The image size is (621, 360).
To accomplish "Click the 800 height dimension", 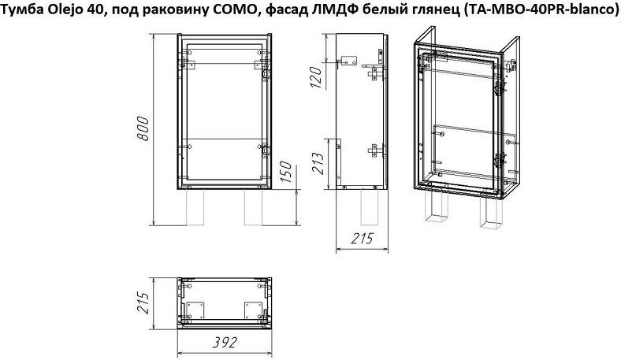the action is pos(143,128).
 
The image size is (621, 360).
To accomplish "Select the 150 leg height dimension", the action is pos(285,172).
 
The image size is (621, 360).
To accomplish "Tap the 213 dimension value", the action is pos(318,163).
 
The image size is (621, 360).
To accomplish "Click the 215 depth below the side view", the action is pos(363,239).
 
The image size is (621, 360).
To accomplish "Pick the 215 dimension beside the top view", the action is pos(143,303).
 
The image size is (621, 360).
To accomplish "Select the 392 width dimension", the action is pos(225,343).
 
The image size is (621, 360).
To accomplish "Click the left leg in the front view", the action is pos(195,207).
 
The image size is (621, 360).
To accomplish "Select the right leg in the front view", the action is pos(253,207).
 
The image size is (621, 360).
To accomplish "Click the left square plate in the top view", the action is pos(195,310).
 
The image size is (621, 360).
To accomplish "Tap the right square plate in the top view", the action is pos(253,310).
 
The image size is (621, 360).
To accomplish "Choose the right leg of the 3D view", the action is pos(491,213).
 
